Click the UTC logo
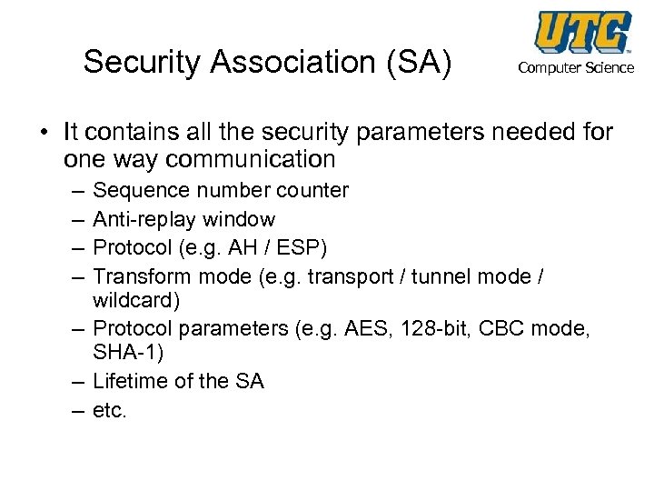coord(582,33)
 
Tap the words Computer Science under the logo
coord(576,68)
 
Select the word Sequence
coord(137,191)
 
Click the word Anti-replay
coord(144,219)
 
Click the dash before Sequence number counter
coord(74,192)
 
